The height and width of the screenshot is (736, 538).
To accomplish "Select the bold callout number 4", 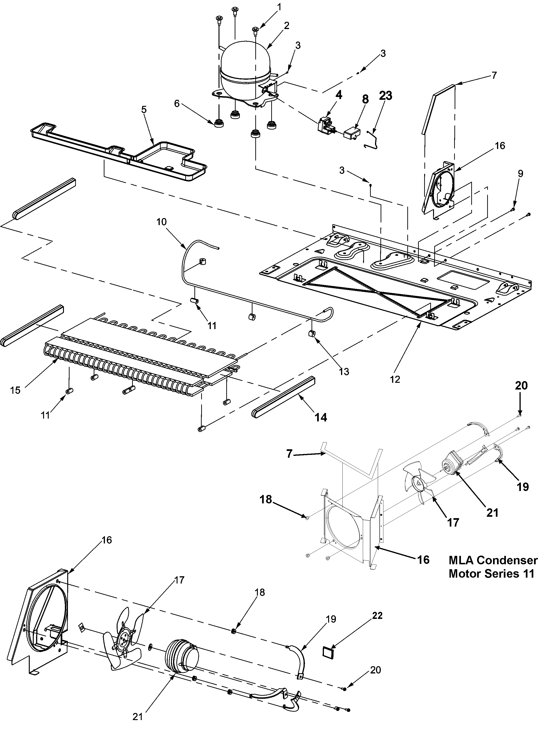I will click(x=339, y=95).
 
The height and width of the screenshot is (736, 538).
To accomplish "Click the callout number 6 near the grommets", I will click(x=177, y=104).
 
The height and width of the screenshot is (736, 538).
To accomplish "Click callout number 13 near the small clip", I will click(x=344, y=371).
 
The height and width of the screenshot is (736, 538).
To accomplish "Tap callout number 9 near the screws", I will click(x=520, y=174).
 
